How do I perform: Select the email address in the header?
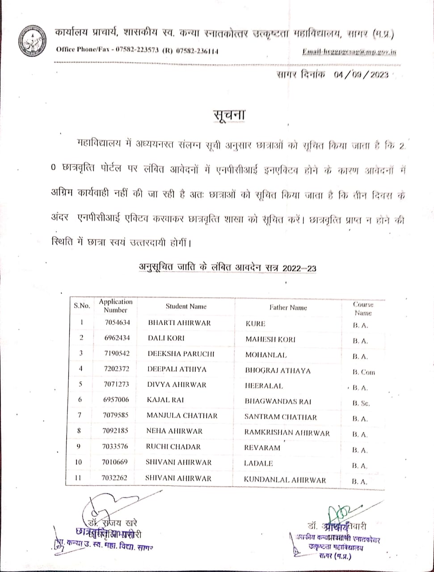pyautogui.click(x=349, y=52)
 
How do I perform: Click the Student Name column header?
pyautogui.click(x=186, y=307)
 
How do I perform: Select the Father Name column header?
pyautogui.click(x=288, y=307)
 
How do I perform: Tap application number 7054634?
pyautogui.click(x=117, y=323)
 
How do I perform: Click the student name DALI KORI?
pyautogui.click(x=166, y=338)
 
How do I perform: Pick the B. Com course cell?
pyautogui.click(x=363, y=372)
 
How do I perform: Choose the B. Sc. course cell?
pyautogui.click(x=361, y=403)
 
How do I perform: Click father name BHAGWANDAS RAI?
pyautogui.click(x=278, y=401)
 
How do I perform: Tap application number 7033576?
pyautogui.click(x=115, y=447)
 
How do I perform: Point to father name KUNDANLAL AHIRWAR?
pyautogui.click(x=285, y=480)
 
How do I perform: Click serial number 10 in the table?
pyautogui.click(x=79, y=463)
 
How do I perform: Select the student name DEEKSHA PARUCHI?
pyautogui.click(x=181, y=353)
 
